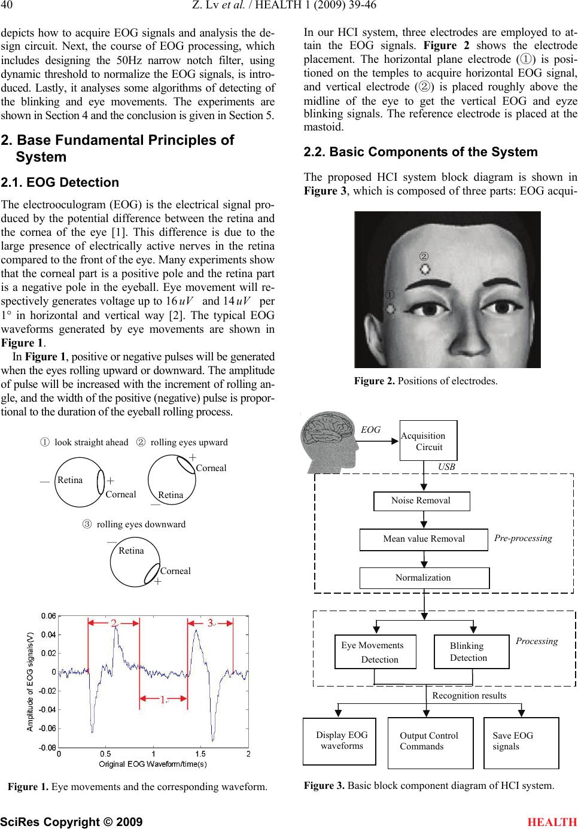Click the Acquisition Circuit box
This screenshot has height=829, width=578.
coord(428,441)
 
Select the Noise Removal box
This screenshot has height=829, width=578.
coord(421,501)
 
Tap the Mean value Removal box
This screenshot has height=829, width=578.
coord(424,539)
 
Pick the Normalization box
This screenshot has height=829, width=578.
coord(424,578)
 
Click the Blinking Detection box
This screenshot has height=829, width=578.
coord(471,652)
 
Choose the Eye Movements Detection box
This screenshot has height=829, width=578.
coord(375,652)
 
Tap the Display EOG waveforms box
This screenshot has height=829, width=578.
coord(339,741)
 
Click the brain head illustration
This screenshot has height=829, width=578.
coord(329,442)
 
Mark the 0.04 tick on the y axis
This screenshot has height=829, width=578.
coord(48,634)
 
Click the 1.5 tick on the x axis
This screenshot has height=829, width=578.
coord(200,754)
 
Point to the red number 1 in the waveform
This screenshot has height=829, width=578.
coord(163,700)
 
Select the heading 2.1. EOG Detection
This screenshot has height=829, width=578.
coord(60,183)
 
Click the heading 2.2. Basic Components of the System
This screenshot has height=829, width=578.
coord(421,152)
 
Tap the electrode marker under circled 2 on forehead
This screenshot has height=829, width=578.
coord(425,269)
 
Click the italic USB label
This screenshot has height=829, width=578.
coord(446,467)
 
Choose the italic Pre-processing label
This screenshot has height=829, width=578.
coord(523,538)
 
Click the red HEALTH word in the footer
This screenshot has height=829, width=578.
coord(552,822)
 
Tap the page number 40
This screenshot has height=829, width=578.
coord(7,5)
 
